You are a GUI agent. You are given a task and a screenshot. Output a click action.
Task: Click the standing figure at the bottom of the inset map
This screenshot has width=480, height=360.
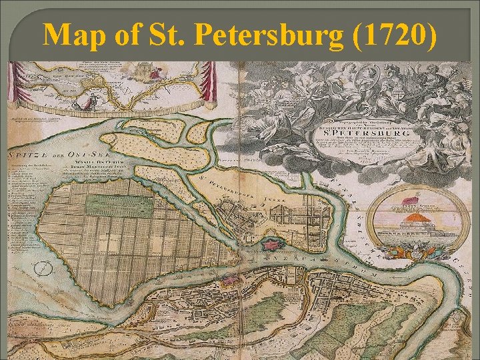click(84, 102)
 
